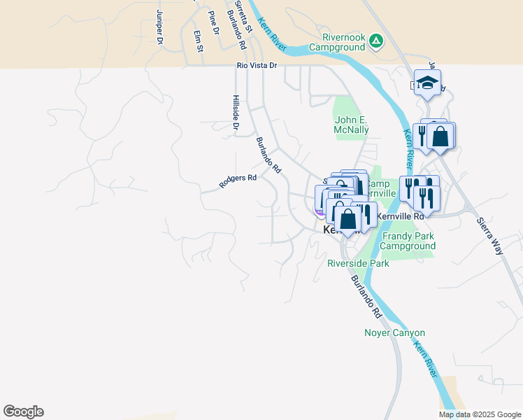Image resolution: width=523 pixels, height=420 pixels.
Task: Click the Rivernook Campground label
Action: pos(344,42)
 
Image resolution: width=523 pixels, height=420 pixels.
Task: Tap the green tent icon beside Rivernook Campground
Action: pos(376,41)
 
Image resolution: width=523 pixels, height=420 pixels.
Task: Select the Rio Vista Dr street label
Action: pos(257,65)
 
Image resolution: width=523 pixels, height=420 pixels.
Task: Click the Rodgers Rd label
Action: pos(238,181)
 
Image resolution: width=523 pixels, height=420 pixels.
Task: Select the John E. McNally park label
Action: pos(352,125)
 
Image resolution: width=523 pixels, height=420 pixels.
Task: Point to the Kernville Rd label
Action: pos(401,216)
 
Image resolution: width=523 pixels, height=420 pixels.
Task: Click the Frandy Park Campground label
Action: pos(408,241)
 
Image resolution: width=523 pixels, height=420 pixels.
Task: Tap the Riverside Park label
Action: pos(358,264)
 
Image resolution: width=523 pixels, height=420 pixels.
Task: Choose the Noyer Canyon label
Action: pos(395,332)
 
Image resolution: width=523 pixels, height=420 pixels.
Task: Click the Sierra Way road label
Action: pos(490,235)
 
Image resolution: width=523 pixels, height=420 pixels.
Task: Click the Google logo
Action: pos(23,412)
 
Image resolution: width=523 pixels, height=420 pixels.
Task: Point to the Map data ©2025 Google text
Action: pos(479,414)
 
